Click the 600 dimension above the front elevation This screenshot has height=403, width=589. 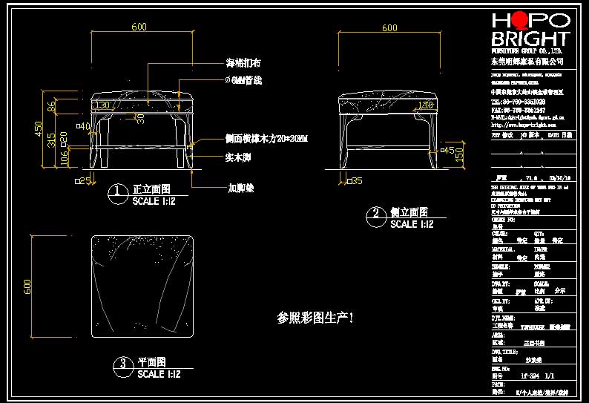pos(139,27)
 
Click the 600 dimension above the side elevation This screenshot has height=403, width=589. pos(389,28)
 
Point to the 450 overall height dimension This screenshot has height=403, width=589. pos(39,129)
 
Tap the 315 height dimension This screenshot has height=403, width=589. pos(50,140)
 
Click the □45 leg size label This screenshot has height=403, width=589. pos(448,151)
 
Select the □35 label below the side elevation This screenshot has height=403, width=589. pos(353,180)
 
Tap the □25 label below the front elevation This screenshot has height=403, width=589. pos(82,180)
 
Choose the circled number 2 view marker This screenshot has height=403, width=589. pos(375,216)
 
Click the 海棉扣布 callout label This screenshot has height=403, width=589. pos(243,64)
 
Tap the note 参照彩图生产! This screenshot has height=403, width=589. pos(315,318)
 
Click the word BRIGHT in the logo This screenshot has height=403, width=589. pos(530,39)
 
